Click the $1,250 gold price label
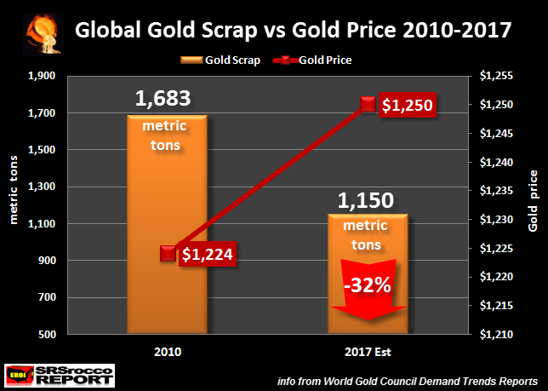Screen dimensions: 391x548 coord(407,106)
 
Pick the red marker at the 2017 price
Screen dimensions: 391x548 coord(368,104)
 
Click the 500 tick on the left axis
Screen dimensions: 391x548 coord(46,335)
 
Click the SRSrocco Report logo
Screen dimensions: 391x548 coord(59,372)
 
